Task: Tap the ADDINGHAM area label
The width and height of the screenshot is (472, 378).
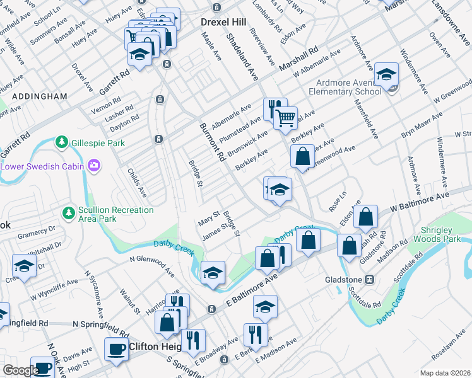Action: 39,96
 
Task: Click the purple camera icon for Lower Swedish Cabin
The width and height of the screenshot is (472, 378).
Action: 94,166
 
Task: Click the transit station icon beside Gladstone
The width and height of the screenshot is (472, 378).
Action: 373,279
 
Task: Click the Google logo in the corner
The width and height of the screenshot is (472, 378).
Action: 21,370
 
